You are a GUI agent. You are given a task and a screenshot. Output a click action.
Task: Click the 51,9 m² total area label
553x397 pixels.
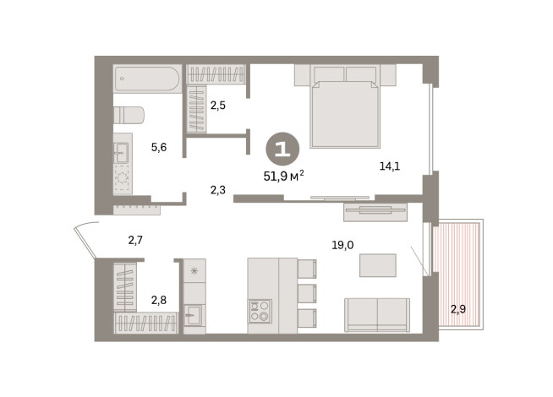point(283,176)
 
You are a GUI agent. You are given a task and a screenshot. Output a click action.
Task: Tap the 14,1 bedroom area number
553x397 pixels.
point(389,166)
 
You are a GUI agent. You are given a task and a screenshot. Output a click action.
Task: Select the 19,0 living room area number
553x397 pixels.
point(342,246)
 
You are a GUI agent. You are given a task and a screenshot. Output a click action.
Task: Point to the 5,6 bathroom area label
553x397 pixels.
point(159,147)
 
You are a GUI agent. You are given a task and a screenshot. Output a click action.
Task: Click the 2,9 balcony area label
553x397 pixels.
point(457,309)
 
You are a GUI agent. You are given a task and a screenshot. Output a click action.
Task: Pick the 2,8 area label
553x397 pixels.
point(159,299)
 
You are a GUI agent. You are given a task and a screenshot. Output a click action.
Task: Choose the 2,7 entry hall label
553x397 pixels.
point(135,241)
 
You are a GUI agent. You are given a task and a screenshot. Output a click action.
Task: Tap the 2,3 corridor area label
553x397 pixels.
point(217,190)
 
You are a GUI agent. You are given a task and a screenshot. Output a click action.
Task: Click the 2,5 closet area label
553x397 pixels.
point(218,106)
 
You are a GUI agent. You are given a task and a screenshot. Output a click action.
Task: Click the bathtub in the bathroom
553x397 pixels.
point(147,79)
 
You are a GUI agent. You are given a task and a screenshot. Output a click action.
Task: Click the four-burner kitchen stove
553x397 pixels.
point(260,311)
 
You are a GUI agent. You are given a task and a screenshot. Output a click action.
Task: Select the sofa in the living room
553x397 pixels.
point(376,314)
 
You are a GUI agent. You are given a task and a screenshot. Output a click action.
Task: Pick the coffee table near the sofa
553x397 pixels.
point(377,265)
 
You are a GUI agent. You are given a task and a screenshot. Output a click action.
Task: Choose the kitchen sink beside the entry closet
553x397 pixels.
point(194,314)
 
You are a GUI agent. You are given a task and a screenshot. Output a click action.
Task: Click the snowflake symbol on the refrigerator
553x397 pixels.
point(194,270)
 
